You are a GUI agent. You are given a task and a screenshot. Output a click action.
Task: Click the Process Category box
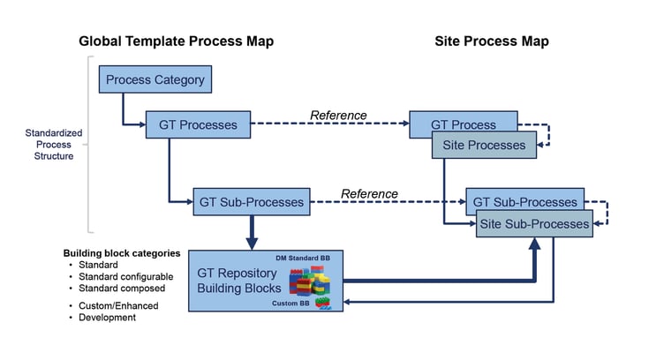155,80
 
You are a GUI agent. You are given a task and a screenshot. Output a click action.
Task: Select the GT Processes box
198,125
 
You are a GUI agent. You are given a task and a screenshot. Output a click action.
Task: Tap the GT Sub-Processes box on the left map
252,202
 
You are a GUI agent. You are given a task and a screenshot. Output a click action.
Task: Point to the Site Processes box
483,145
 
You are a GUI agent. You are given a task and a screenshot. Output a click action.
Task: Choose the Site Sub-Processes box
533,224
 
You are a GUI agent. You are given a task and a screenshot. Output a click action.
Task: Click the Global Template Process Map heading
176,41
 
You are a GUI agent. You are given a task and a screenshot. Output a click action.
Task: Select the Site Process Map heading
492,41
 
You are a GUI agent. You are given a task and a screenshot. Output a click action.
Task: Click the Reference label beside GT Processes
338,115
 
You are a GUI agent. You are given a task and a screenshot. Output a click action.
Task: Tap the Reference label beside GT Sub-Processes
369,193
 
